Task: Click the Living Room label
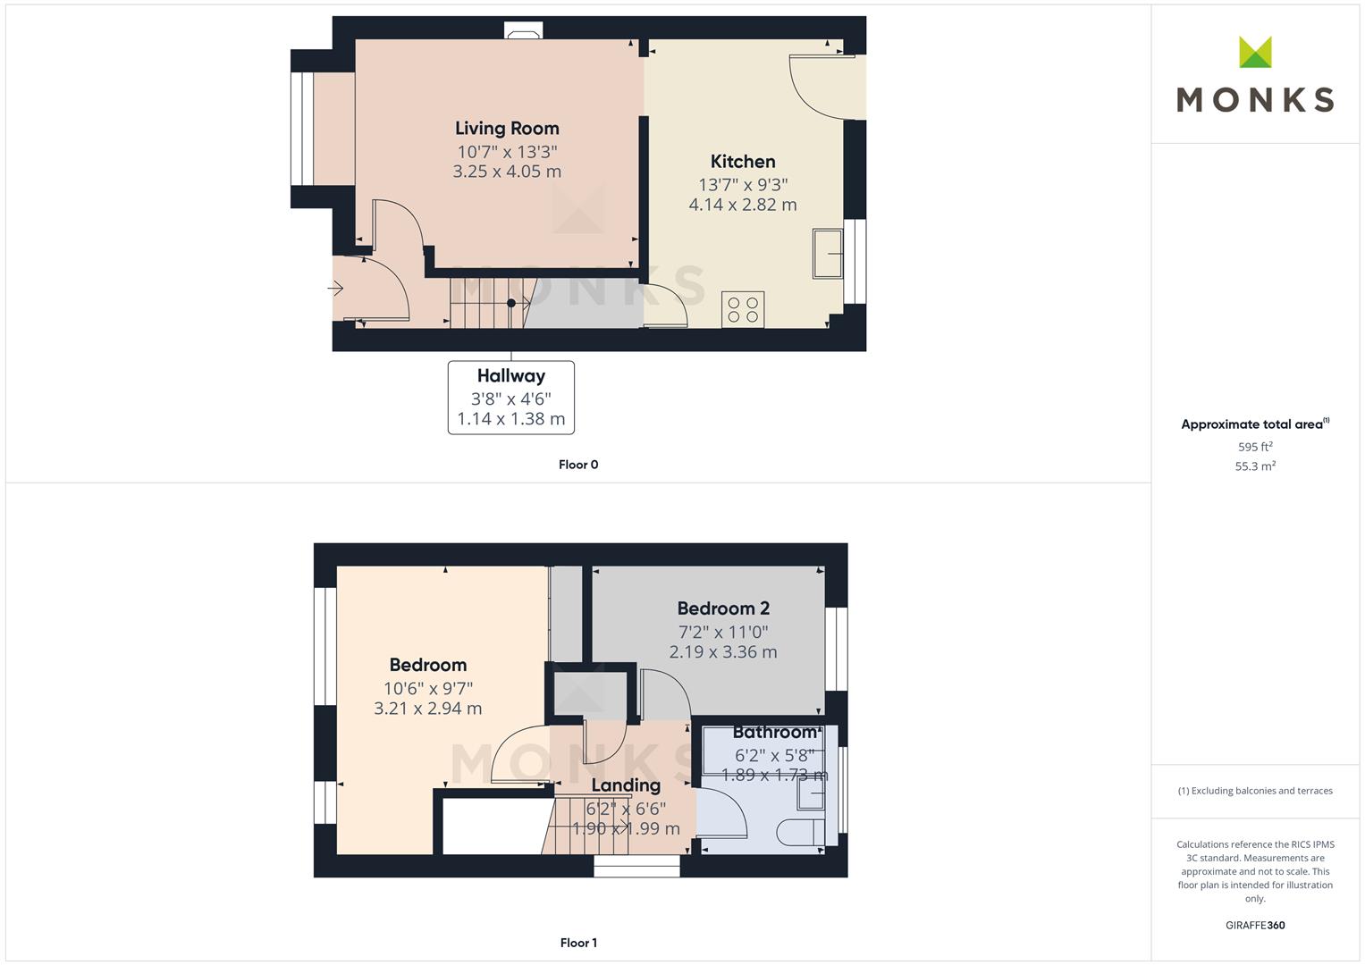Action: (x=507, y=129)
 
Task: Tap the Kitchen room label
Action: (x=742, y=162)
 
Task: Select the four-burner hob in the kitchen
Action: (x=743, y=309)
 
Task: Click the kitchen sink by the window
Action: (x=828, y=254)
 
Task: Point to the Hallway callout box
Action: (x=510, y=398)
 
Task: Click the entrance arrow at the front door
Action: (x=336, y=289)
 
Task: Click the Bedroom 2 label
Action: (x=722, y=608)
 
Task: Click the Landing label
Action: (x=626, y=785)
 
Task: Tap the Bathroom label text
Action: (x=774, y=733)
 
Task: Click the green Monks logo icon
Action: (x=1254, y=53)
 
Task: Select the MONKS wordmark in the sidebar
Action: (x=1254, y=99)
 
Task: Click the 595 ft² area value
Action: (x=1254, y=447)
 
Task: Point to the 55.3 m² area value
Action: (x=1254, y=466)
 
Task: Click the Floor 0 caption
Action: (x=578, y=465)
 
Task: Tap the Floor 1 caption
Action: (x=578, y=943)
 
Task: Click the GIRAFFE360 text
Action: (x=1254, y=926)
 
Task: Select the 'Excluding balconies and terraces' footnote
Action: (x=1254, y=791)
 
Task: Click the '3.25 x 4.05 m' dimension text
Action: (x=507, y=172)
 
